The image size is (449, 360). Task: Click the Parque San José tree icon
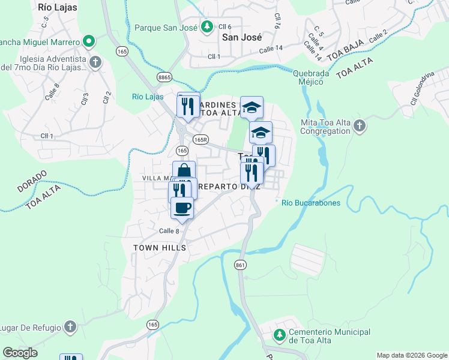[x=207, y=27]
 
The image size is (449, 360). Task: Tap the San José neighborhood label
[x=243, y=37]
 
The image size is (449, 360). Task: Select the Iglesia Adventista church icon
[x=95, y=62]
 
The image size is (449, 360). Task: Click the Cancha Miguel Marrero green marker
[x=89, y=42]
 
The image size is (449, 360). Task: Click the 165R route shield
[x=201, y=139]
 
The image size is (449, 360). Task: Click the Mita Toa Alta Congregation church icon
[x=359, y=126]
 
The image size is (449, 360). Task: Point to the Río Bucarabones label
[x=311, y=203]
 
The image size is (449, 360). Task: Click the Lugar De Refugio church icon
[x=70, y=327]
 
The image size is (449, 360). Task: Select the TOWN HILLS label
[x=160, y=247]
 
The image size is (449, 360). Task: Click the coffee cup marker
[x=182, y=208]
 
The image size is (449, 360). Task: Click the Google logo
[x=20, y=353]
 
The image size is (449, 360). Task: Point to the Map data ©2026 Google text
[x=412, y=355]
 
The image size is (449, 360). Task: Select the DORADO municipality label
[x=32, y=181]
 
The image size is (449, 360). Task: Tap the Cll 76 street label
[x=277, y=22]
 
